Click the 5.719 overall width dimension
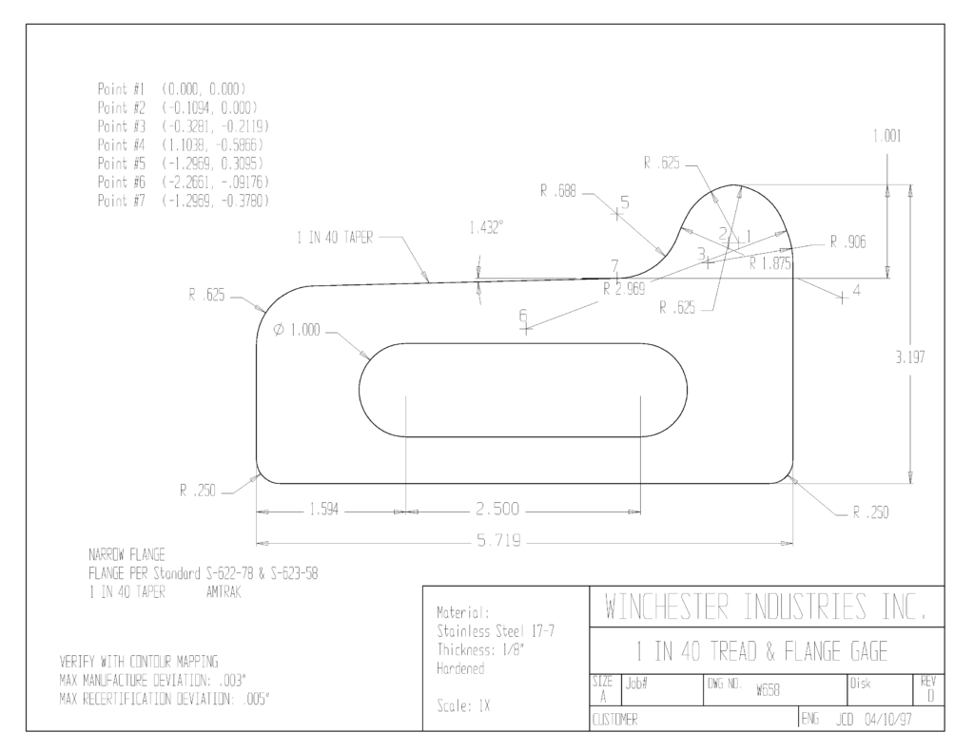coord(498,541)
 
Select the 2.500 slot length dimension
coord(497,510)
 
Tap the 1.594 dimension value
coord(324,510)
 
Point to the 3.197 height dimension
coord(910,357)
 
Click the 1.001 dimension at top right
coord(887,136)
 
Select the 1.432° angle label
coord(486,228)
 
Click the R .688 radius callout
coord(557,191)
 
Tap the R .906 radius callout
coord(847,242)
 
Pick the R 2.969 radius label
coord(624,289)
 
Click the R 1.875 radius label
coord(770,264)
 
